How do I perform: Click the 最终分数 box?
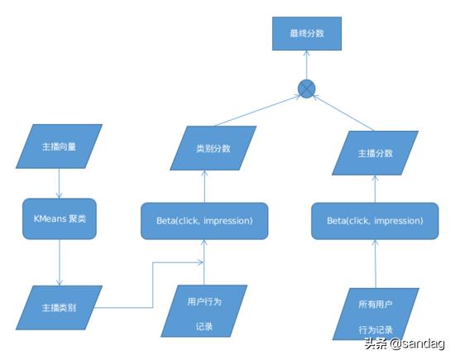[307, 33]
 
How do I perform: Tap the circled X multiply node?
[306, 89]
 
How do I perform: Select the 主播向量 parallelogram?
[60, 146]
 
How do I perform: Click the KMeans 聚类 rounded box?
[60, 219]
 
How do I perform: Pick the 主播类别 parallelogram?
[60, 308]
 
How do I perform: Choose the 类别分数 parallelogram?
[213, 148]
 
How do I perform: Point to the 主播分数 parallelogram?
[376, 153]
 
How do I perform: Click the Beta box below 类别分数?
[204, 221]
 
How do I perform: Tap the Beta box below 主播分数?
[375, 221]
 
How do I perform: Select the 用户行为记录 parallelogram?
[204, 311]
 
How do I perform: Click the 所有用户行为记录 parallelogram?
[376, 314]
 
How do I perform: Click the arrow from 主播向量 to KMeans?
[60, 184]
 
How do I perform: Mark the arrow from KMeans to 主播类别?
[60, 262]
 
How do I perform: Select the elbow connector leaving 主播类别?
[153, 285]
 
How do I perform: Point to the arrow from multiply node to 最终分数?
[307, 65]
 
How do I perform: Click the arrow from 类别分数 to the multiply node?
[257, 111]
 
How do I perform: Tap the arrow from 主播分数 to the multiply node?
[343, 113]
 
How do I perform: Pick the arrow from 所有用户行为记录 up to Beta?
[376, 264]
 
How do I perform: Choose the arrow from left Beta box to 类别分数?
[204, 186]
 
